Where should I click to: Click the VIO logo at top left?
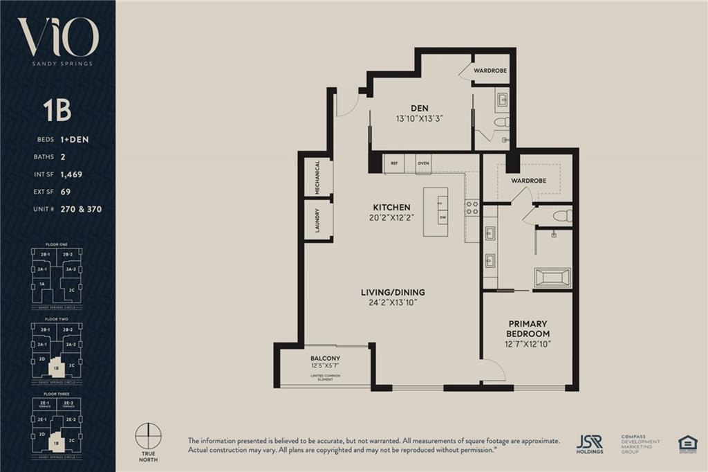pyautogui.click(x=58, y=38)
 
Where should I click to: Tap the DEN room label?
pyautogui.click(x=419, y=108)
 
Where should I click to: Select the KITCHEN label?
pyautogui.click(x=392, y=207)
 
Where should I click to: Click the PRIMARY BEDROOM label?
pyautogui.click(x=528, y=329)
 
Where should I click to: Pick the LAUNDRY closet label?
pyautogui.click(x=317, y=220)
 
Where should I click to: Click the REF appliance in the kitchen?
pyautogui.click(x=395, y=163)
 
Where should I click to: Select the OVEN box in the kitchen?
pyautogui.click(x=423, y=163)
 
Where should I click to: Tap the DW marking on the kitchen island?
pyautogui.click(x=442, y=217)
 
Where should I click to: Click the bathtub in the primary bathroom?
pyautogui.click(x=552, y=278)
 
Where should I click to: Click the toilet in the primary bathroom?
pyautogui.click(x=563, y=216)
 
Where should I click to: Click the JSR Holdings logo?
pyautogui.click(x=589, y=444)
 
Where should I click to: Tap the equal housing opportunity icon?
pyautogui.click(x=687, y=444)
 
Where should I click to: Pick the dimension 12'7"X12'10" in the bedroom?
pyautogui.click(x=528, y=344)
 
